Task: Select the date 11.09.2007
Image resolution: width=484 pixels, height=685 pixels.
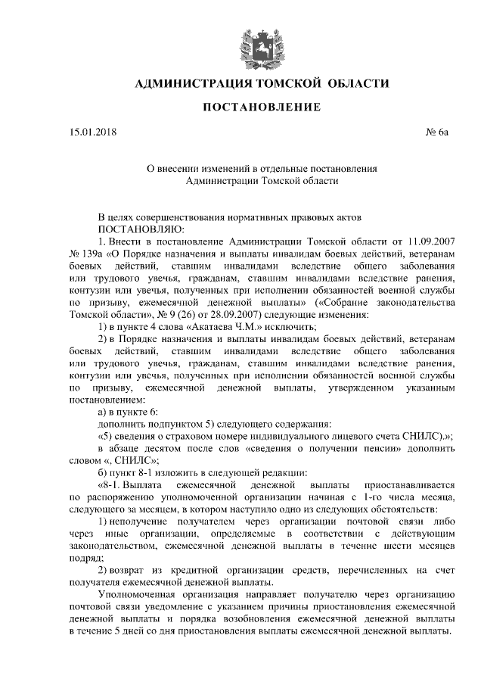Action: click(427, 241)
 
